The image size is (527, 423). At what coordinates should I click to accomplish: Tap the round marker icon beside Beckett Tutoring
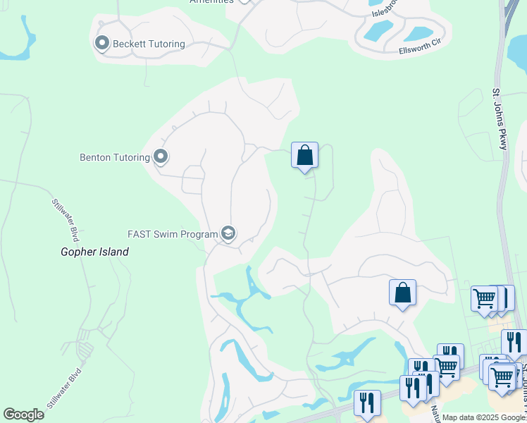coord(101,44)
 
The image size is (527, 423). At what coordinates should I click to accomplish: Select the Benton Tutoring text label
coord(114,157)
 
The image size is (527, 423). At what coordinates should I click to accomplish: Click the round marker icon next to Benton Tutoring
coord(161,157)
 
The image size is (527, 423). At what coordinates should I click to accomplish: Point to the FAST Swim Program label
coord(172,233)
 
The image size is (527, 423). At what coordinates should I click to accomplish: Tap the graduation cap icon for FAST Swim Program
coord(228,233)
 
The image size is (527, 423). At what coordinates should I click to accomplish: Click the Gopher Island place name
coord(94,252)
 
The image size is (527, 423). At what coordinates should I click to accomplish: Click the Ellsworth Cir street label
coord(419,51)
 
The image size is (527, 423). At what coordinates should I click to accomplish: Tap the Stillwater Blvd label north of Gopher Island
coord(63,219)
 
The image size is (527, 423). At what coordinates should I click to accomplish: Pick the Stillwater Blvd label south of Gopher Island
coord(65,388)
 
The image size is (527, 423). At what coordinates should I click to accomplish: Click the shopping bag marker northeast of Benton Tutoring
coord(304,156)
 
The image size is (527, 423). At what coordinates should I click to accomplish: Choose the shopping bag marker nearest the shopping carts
coord(402,293)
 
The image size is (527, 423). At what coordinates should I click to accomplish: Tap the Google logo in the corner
coord(23,415)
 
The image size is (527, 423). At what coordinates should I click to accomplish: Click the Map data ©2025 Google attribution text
coord(483,417)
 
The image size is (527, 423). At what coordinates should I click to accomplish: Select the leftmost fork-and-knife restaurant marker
coord(366,403)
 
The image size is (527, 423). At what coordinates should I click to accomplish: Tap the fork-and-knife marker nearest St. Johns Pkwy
coord(514,343)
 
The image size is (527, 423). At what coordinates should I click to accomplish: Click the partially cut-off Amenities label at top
coord(211,2)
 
